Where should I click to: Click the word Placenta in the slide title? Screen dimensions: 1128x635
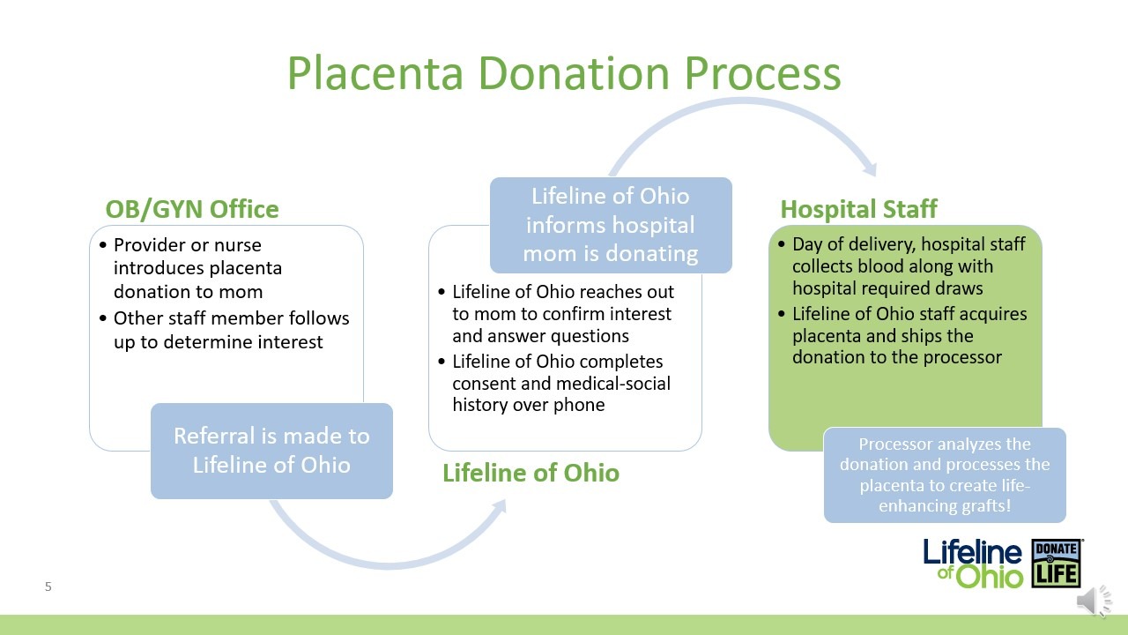(375, 73)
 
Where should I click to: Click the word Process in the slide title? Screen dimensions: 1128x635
(762, 73)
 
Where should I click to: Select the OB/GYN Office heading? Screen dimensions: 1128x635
(192, 209)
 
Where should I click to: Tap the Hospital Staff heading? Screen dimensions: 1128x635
(858, 209)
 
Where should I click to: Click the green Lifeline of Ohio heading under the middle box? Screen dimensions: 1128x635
(531, 473)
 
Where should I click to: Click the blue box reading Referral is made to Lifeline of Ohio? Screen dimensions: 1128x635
(272, 451)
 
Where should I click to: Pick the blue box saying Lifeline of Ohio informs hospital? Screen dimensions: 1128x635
(611, 225)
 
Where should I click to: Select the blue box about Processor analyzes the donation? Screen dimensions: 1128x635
(945, 474)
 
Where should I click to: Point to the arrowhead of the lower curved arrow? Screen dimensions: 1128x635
(499, 507)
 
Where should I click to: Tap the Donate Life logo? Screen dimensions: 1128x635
(1057, 563)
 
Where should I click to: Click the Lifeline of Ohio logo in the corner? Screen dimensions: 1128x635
(973, 564)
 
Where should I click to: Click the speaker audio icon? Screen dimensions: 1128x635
(1094, 601)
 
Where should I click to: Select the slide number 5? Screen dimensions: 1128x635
(48, 586)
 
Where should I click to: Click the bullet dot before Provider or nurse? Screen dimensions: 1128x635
(103, 245)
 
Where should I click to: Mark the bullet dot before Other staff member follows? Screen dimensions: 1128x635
(103, 318)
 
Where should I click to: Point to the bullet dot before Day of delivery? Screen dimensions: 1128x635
(782, 244)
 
